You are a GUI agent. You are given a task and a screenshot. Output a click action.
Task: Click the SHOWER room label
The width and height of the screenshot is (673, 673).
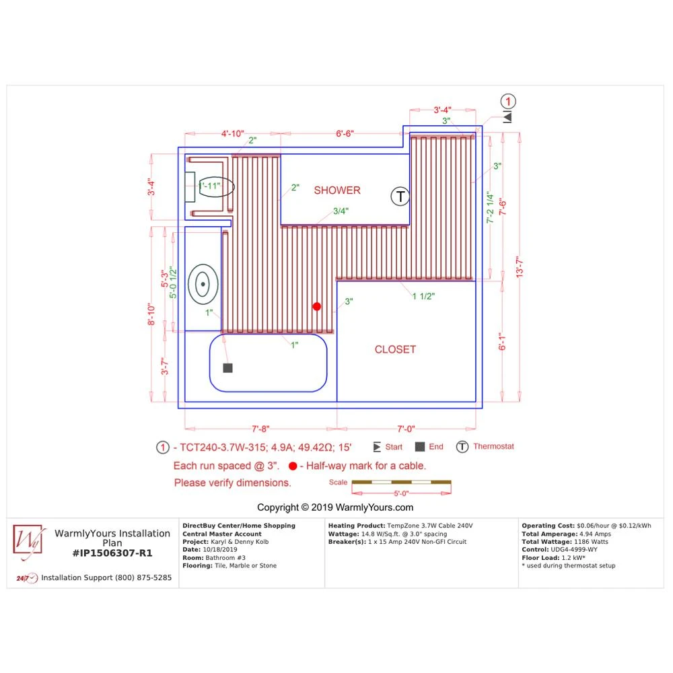337,190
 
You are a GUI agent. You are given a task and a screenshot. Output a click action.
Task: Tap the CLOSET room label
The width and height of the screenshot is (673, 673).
395,349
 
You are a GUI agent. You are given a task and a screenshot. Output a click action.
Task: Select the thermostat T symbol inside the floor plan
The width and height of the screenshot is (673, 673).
400,197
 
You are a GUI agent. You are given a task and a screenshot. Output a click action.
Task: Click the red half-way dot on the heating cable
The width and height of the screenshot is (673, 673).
317,306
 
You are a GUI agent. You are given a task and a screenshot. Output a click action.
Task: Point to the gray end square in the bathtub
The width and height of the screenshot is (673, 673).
228,368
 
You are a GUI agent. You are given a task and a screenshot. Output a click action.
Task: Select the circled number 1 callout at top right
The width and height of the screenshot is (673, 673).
508,102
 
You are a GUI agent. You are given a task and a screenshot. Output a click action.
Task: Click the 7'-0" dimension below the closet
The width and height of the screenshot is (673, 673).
406,428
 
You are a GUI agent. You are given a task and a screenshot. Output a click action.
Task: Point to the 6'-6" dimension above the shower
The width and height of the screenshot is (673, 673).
345,134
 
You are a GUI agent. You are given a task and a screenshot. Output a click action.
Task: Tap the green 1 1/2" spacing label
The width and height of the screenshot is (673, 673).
423,297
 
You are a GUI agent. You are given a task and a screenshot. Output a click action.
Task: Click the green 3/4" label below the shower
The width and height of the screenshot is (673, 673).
342,211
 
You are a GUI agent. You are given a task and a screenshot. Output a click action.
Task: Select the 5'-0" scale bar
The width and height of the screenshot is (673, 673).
401,482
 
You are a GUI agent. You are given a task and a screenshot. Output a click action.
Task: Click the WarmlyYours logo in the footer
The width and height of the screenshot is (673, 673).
28,542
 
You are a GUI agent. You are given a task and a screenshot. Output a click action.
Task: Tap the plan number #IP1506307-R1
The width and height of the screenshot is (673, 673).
112,553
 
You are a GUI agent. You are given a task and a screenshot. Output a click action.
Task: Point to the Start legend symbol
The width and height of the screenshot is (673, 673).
377,447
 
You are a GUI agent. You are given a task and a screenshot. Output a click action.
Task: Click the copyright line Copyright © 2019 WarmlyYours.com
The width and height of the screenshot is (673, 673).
335,507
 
